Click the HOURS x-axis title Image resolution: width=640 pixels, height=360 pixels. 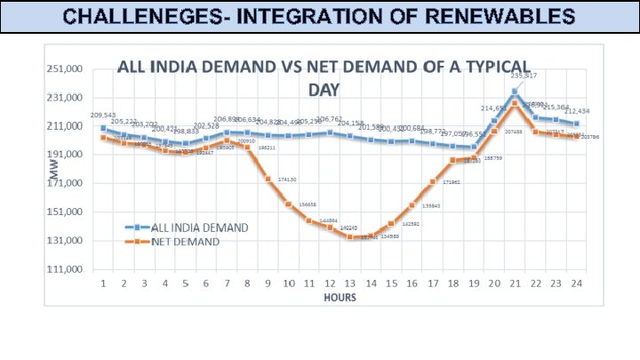point(340,298)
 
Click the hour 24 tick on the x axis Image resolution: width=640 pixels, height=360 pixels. point(576,284)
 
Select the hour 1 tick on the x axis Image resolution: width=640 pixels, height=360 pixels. point(104,284)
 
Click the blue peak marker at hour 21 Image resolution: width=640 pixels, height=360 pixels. point(515,92)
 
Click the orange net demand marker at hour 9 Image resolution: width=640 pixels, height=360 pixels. point(268,179)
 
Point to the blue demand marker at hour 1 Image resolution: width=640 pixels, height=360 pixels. point(104,128)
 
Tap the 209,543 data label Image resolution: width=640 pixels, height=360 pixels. point(103,116)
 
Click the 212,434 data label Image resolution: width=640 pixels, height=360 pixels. point(577,111)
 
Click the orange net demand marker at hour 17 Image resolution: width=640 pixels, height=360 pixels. point(433,182)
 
